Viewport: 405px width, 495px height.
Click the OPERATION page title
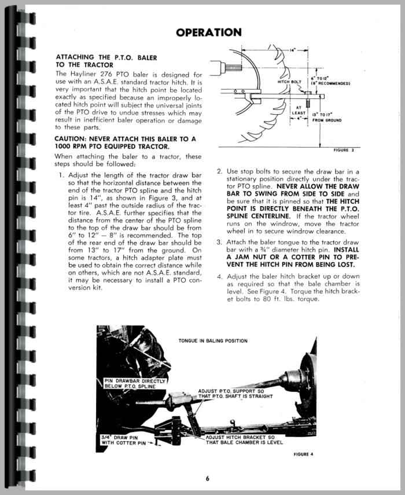point(209,32)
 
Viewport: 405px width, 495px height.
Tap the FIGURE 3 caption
point(347,151)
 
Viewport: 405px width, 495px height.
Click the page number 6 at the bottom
point(207,478)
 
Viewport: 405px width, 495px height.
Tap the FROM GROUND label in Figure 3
point(327,120)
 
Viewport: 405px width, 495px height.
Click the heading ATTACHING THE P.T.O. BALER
point(105,58)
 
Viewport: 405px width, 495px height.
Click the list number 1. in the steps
point(62,175)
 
